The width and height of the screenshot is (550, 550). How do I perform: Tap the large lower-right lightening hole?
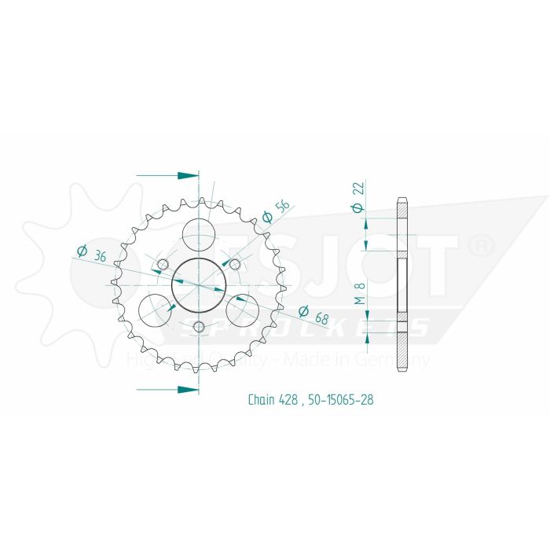tap(243, 309)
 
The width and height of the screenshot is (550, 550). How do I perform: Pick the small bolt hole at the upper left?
tap(163, 262)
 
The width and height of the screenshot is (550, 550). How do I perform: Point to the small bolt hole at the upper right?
tap(234, 262)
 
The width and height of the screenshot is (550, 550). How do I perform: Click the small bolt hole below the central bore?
tap(199, 326)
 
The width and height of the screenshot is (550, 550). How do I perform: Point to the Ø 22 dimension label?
tap(357, 197)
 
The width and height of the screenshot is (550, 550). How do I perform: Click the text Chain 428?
tap(273, 400)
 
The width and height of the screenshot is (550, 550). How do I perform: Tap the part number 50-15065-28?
tap(342, 400)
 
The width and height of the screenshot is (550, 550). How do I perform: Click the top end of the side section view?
tap(402, 199)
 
